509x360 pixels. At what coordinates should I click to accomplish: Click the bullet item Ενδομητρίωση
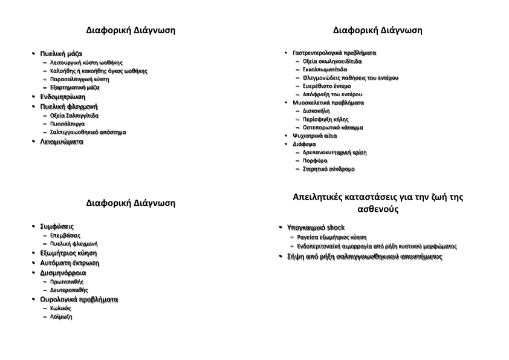[x=62, y=96]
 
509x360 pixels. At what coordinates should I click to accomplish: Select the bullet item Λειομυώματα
[x=62, y=142]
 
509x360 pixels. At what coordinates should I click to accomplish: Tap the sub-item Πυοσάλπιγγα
[x=67, y=123]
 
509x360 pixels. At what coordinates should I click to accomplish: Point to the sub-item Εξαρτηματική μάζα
[x=75, y=87]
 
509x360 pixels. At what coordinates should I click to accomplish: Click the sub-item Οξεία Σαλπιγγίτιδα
[x=74, y=115]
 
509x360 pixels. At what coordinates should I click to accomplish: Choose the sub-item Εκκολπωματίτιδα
[x=325, y=69]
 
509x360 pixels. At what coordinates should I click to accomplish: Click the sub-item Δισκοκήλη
[x=316, y=111]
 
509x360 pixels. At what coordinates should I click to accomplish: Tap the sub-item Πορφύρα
[x=315, y=160]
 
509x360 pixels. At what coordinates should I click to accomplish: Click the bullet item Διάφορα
[x=304, y=144]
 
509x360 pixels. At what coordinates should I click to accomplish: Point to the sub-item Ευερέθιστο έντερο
[x=326, y=86]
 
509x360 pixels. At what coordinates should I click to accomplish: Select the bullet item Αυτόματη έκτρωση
[x=69, y=263]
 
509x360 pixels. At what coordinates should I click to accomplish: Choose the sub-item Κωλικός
[x=60, y=308]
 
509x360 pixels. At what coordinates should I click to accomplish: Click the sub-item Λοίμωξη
[x=61, y=316]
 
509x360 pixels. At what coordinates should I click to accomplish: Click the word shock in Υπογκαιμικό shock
[x=336, y=227]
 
